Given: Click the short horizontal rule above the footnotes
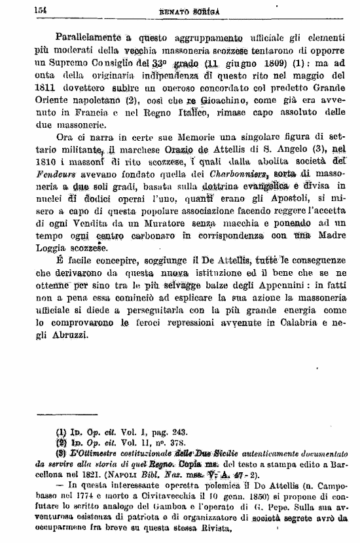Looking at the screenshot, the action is (x=56, y=414).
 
